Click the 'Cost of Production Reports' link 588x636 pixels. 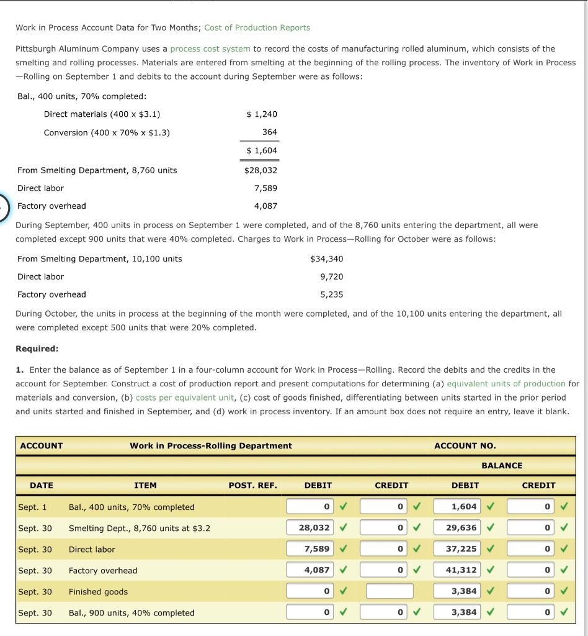257,27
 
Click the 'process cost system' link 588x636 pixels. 210,48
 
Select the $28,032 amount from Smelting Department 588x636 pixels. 261,170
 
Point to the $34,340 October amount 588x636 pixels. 327,259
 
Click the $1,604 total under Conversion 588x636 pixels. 261,150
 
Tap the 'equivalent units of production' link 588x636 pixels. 506,384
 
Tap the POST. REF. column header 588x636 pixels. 252,485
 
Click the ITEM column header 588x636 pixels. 145,485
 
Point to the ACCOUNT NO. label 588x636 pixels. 465,445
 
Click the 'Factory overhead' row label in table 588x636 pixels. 103,570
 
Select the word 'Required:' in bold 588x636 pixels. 37,349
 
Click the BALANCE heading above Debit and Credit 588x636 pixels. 502,465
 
